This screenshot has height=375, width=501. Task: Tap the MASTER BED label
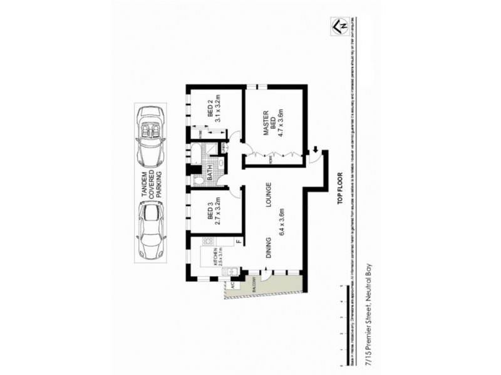point(266,123)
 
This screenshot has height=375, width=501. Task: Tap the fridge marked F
point(239,240)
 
